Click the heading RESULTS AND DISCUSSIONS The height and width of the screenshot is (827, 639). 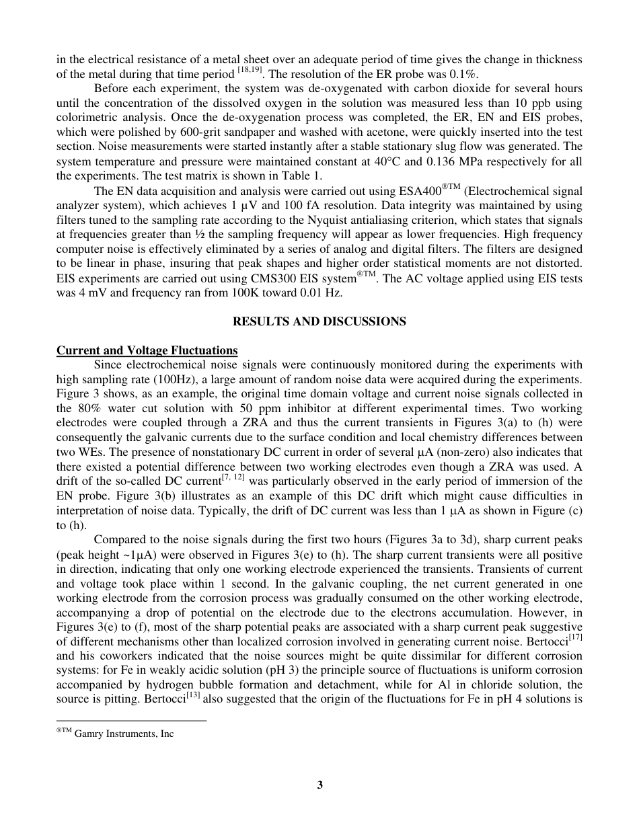[x=319, y=321]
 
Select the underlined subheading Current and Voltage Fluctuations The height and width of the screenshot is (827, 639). [x=147, y=350]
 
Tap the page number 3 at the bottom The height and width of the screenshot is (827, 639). [x=319, y=785]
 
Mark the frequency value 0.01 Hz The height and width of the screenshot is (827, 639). [x=325, y=293]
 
